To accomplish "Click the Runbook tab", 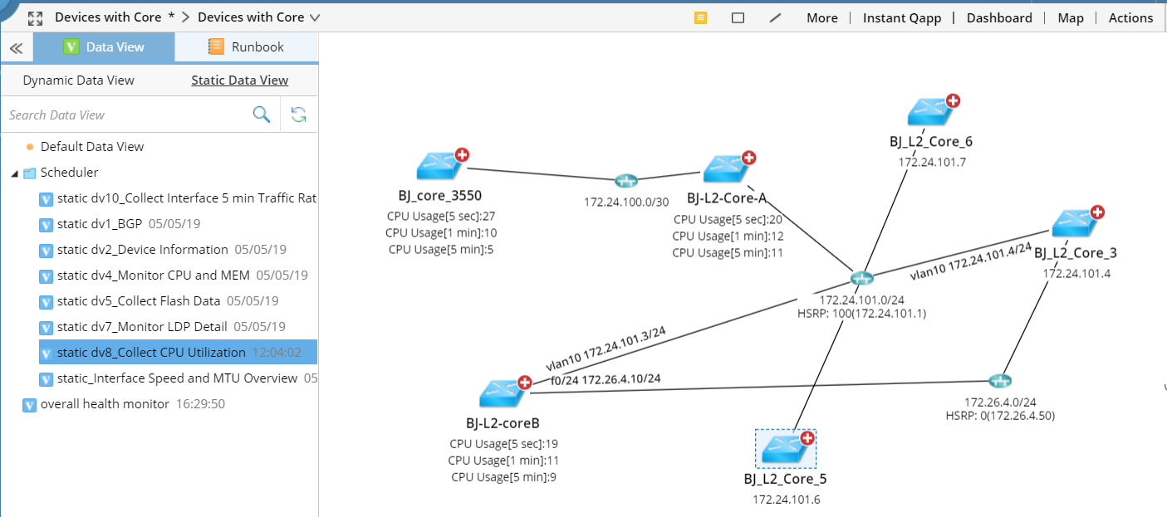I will pyautogui.click(x=247, y=47).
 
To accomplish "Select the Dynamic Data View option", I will pyautogui.click(x=78, y=80).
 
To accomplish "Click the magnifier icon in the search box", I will pyautogui.click(x=262, y=115).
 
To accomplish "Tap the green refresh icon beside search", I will pyautogui.click(x=299, y=115).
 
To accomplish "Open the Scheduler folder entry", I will pyautogui.click(x=69, y=173).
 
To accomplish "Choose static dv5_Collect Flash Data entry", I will pyautogui.click(x=139, y=301).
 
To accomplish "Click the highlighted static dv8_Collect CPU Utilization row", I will pyautogui.click(x=151, y=353).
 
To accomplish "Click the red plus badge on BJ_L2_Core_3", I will pyautogui.click(x=1097, y=212).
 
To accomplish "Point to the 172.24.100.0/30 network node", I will pyautogui.click(x=625, y=181).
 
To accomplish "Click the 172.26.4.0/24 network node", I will pyautogui.click(x=1000, y=381).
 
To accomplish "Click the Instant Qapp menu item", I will pyautogui.click(x=903, y=17).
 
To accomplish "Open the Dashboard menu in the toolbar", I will pyautogui.click(x=999, y=17).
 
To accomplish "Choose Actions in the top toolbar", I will pyautogui.click(x=1130, y=17).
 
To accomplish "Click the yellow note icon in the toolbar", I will pyautogui.click(x=700, y=17).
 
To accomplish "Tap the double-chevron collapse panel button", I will pyautogui.click(x=16, y=48).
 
